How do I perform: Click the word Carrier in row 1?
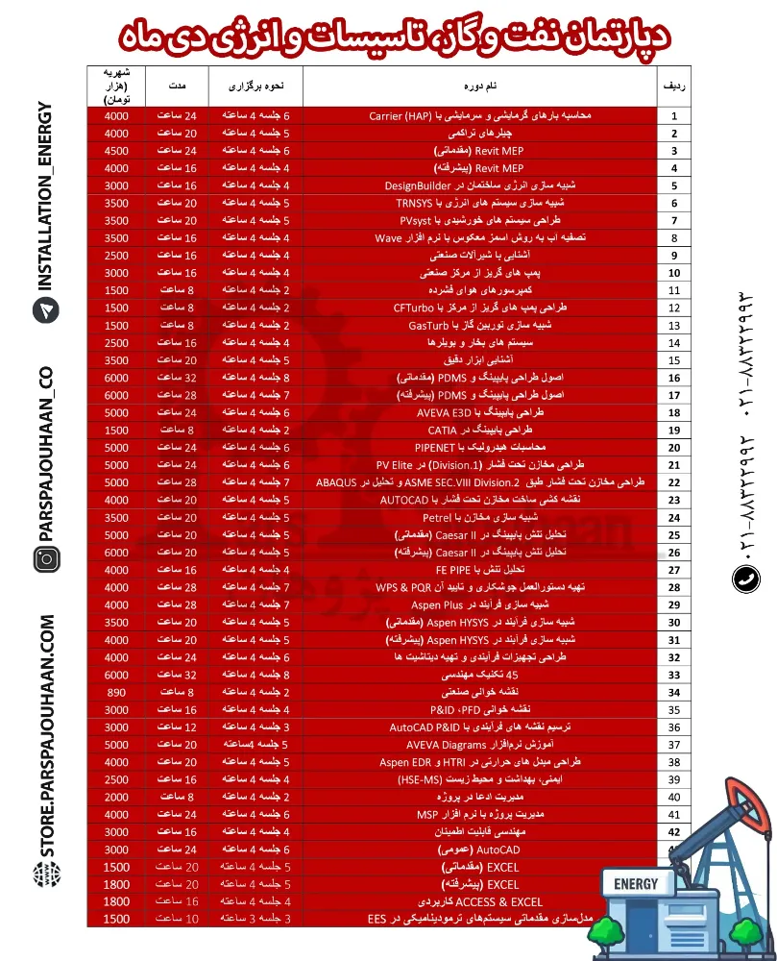point(391,116)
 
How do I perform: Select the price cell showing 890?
point(116,692)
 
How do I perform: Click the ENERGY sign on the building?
point(635,884)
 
